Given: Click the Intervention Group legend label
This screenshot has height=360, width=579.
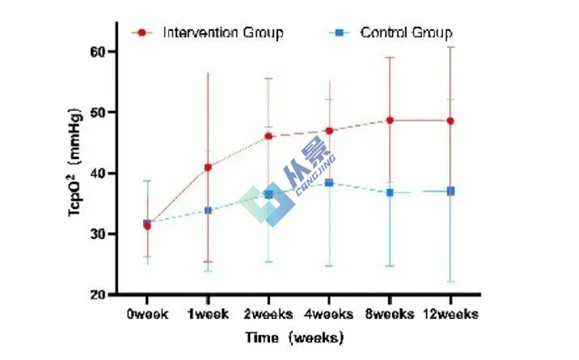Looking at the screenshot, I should [223, 32].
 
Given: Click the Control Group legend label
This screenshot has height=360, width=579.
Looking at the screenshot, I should [406, 32].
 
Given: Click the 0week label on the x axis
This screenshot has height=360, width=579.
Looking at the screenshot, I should [147, 314].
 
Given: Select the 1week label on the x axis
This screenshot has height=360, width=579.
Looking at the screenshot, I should [207, 314].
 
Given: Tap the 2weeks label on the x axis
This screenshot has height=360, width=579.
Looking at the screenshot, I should [268, 314].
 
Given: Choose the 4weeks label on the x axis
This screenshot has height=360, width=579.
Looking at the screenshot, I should [329, 314].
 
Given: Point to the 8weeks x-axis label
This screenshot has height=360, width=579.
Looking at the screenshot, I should [389, 314].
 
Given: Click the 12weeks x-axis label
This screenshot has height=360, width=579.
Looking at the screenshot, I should [450, 314].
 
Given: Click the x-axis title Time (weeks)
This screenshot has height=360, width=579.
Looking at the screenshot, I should [294, 337].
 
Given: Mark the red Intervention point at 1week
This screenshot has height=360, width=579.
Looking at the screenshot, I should [208, 167].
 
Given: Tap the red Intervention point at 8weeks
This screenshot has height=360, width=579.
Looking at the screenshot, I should [390, 120].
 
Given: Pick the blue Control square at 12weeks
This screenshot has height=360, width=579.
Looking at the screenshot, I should [450, 191].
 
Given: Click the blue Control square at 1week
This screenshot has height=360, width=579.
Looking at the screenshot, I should [208, 210].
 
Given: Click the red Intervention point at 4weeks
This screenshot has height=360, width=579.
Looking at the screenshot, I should [329, 130].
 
